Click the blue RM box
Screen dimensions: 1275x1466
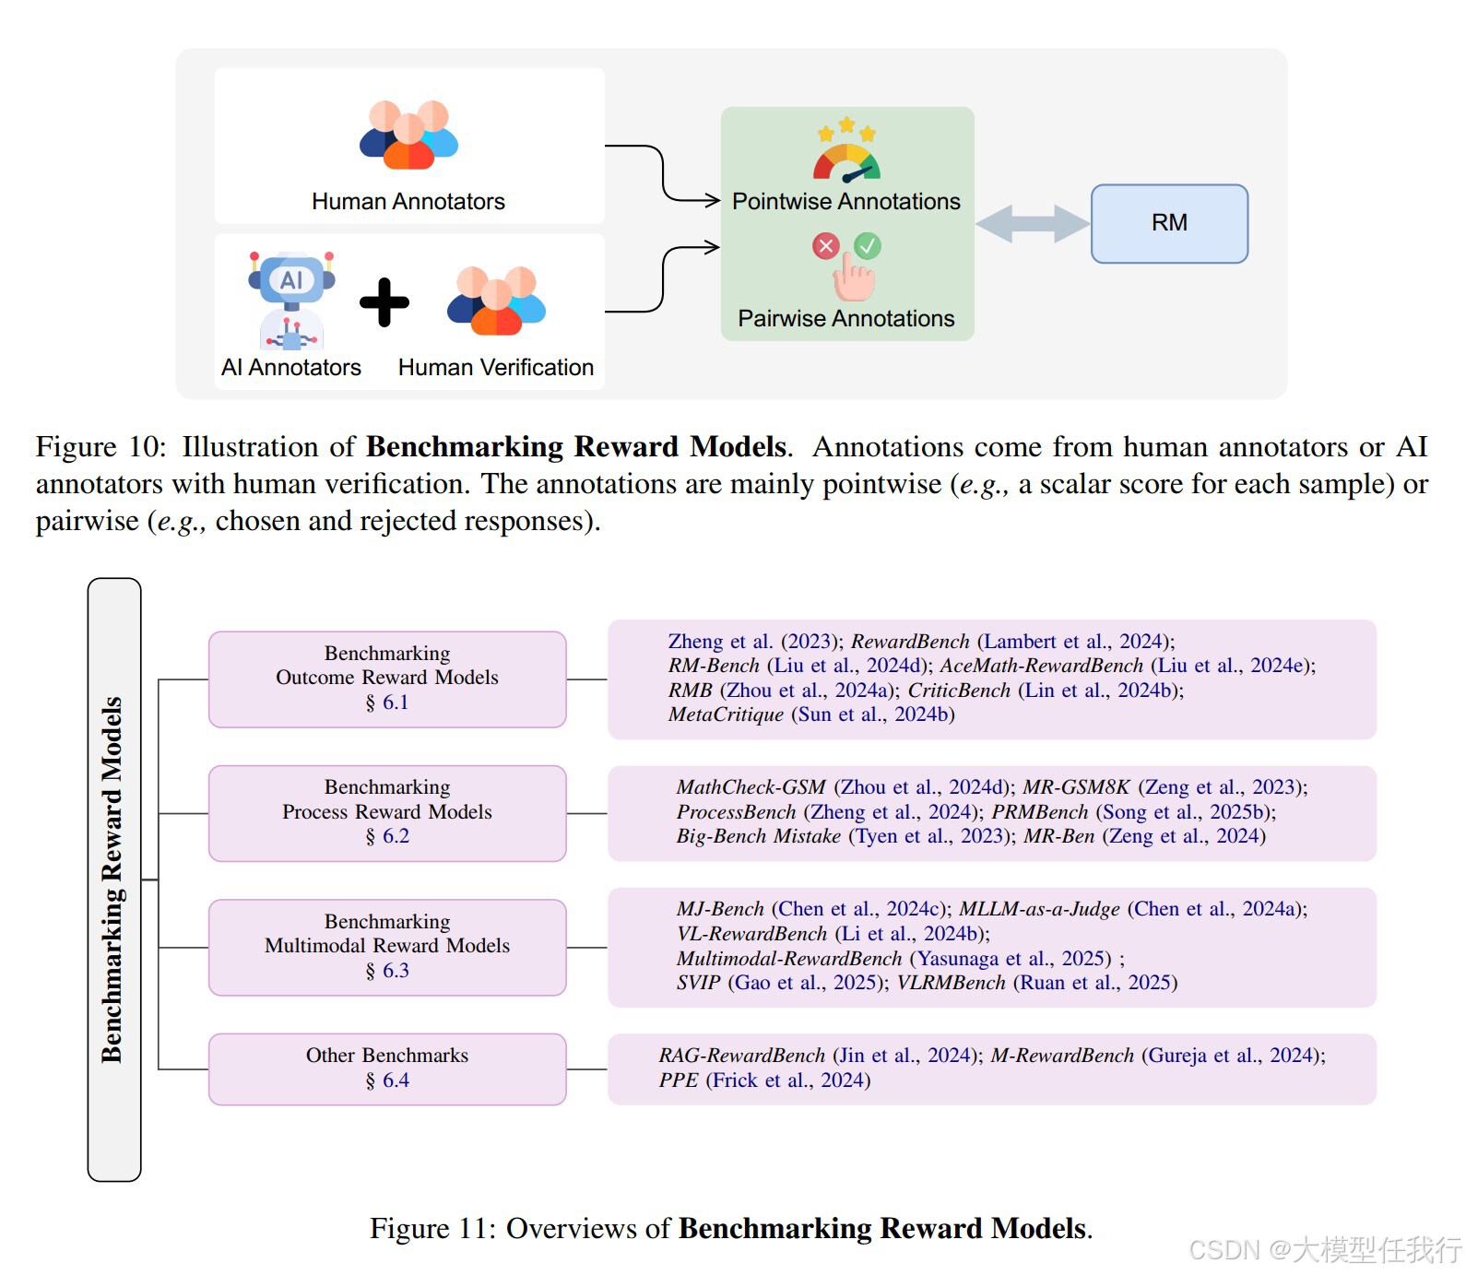pyautogui.click(x=1168, y=224)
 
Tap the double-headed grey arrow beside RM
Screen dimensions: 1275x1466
pyautogui.click(x=1032, y=224)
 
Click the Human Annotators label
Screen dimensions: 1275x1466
pyautogui.click(x=408, y=202)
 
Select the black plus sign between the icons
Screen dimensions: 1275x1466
pyautogui.click(x=384, y=302)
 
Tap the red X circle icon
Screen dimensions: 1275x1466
pyautogui.click(x=825, y=245)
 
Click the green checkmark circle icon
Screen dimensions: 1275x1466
pyautogui.click(x=867, y=245)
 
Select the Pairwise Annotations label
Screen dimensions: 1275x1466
pyautogui.click(x=845, y=319)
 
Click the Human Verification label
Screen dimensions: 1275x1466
pyautogui.click(x=495, y=368)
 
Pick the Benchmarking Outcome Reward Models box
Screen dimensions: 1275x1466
pyautogui.click(x=387, y=679)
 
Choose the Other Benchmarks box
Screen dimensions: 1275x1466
pyautogui.click(x=387, y=1068)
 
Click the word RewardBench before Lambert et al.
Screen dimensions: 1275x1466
pyautogui.click(x=910, y=642)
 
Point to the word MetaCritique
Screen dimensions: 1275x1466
pyautogui.click(x=726, y=714)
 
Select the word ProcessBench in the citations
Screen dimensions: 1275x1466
pyautogui.click(x=736, y=812)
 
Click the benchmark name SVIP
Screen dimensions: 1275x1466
pyautogui.click(x=698, y=983)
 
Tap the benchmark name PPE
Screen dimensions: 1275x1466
pyautogui.click(x=678, y=1080)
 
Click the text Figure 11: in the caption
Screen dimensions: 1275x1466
pyautogui.click(x=432, y=1229)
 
